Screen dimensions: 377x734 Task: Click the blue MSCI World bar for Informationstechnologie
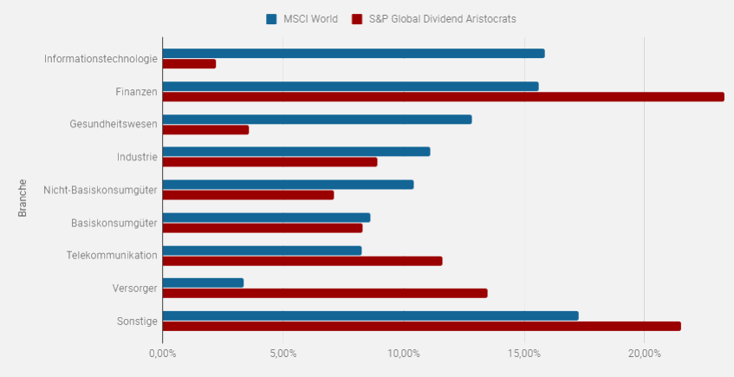point(353,54)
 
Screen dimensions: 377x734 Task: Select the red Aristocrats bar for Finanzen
point(443,96)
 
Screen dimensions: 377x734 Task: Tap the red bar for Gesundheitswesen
point(205,130)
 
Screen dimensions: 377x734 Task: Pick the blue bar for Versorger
point(203,283)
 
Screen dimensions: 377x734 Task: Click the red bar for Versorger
point(324,293)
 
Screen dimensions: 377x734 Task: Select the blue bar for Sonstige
point(370,315)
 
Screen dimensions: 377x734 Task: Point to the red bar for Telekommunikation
point(302,261)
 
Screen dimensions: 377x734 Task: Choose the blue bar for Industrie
point(296,152)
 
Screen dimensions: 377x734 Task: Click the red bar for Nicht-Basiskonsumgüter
point(248,195)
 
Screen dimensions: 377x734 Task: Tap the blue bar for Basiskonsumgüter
point(266,218)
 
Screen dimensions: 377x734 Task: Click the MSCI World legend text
point(310,18)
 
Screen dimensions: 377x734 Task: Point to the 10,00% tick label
point(403,354)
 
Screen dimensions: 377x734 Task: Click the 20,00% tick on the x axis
point(644,354)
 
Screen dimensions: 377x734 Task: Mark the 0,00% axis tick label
point(163,354)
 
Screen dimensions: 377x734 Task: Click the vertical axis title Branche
point(23,198)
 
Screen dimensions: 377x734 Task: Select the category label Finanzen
point(136,92)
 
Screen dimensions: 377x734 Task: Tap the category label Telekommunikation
point(112,256)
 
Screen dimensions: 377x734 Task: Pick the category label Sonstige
point(137,322)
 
